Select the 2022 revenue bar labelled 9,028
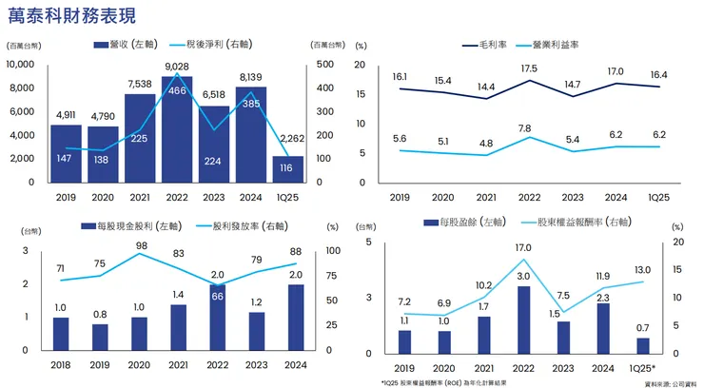point(176,133)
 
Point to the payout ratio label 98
point(141,245)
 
